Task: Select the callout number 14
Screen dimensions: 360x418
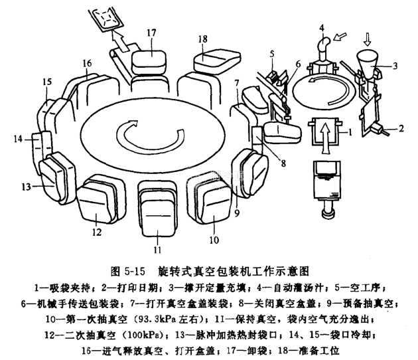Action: (18, 139)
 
